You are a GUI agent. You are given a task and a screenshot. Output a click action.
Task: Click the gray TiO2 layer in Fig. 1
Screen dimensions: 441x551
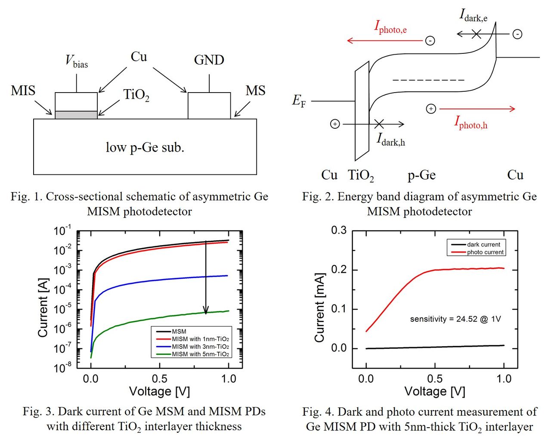click(x=76, y=115)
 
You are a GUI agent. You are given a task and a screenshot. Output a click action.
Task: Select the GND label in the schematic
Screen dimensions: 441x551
click(x=209, y=60)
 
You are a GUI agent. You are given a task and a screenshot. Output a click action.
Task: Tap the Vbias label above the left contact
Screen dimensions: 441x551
click(x=77, y=61)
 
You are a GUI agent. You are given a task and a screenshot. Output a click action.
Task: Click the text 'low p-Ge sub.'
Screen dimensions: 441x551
click(x=145, y=147)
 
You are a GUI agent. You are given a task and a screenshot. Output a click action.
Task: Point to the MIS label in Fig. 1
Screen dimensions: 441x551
click(x=23, y=91)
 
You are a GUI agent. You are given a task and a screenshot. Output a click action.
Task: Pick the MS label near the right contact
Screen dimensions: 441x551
click(x=255, y=91)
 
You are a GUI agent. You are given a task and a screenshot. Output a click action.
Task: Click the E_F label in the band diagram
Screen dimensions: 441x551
click(x=299, y=101)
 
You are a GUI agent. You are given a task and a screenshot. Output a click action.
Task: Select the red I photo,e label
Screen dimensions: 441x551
click(x=390, y=27)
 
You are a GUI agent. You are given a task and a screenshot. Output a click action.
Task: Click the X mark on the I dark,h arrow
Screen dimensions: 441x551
click(x=379, y=124)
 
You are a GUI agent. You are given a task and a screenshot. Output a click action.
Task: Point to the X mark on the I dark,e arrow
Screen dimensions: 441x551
click(x=476, y=34)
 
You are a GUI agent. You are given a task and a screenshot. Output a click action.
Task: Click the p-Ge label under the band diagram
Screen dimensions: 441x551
click(x=421, y=175)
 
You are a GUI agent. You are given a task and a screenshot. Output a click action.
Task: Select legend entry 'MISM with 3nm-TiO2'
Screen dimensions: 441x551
click(x=200, y=347)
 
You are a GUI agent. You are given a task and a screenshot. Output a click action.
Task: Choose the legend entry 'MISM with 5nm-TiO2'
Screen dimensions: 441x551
click(x=200, y=354)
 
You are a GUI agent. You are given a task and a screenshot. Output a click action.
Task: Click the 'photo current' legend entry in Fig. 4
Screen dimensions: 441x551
click(x=485, y=252)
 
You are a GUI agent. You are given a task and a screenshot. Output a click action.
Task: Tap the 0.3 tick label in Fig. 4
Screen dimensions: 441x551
click(x=339, y=230)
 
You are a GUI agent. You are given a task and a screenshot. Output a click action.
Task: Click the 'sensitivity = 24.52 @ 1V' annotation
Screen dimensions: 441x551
click(x=455, y=319)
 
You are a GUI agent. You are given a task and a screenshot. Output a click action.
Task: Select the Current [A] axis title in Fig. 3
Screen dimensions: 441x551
click(x=43, y=307)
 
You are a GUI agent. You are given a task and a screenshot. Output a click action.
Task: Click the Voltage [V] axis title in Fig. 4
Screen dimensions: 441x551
click(x=435, y=391)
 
